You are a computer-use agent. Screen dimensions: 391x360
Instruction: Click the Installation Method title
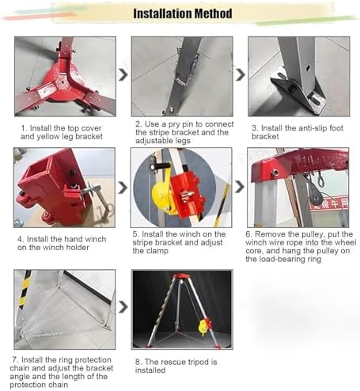(x=182, y=13)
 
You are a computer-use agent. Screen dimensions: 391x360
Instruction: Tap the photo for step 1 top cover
(x=64, y=76)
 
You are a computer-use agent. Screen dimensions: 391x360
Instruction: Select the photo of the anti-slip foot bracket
(x=297, y=76)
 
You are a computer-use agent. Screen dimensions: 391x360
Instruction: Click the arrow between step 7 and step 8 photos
(x=123, y=307)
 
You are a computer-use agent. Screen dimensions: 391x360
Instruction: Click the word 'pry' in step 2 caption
(x=173, y=125)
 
